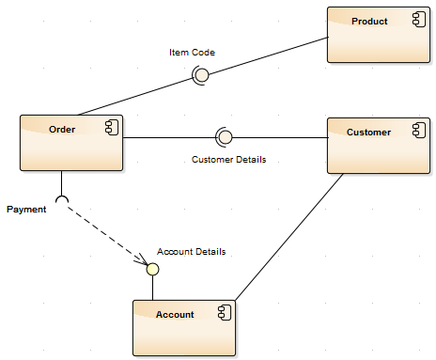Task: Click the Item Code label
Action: [x=192, y=53]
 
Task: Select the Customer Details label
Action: [x=228, y=160]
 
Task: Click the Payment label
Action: [x=26, y=210]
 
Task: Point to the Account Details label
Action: [x=191, y=252]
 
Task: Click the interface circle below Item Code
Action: [x=199, y=75]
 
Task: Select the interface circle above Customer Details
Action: [x=224, y=138]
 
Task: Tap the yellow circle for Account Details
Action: [x=151, y=269]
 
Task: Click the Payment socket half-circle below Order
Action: [x=62, y=199]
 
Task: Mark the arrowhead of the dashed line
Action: [x=140, y=259]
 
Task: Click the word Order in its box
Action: [x=62, y=129]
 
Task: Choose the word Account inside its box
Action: [x=175, y=314]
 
